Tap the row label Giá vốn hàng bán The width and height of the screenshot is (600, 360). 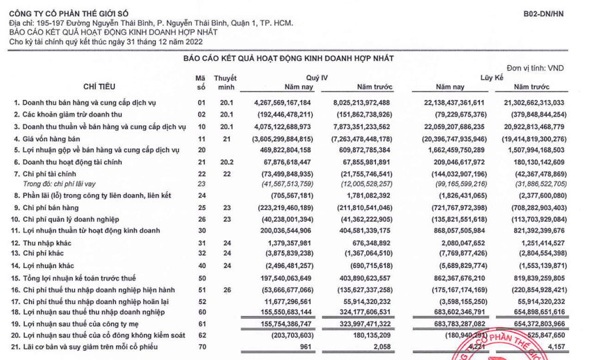[x=53, y=138]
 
